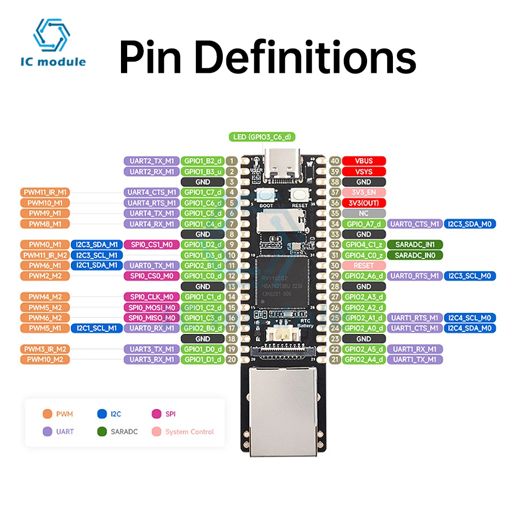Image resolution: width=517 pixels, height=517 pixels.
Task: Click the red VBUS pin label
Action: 364,161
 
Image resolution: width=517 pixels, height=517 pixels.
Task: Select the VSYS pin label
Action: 364,172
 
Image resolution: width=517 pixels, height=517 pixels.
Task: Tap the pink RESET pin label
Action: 364,265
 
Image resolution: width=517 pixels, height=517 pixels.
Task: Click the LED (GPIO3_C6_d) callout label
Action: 262,137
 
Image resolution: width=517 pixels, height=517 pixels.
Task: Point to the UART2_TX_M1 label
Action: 151,161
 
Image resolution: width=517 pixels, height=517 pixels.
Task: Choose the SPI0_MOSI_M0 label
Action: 151,307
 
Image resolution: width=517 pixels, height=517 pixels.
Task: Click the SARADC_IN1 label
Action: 415,245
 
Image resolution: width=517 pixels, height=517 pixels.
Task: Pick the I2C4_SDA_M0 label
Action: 470,328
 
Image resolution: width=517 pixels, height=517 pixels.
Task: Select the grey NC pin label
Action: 364,213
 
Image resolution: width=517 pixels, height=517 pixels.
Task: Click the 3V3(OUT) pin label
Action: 364,203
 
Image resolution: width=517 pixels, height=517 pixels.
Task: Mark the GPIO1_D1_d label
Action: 203,359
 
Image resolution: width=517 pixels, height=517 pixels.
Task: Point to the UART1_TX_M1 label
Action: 415,359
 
